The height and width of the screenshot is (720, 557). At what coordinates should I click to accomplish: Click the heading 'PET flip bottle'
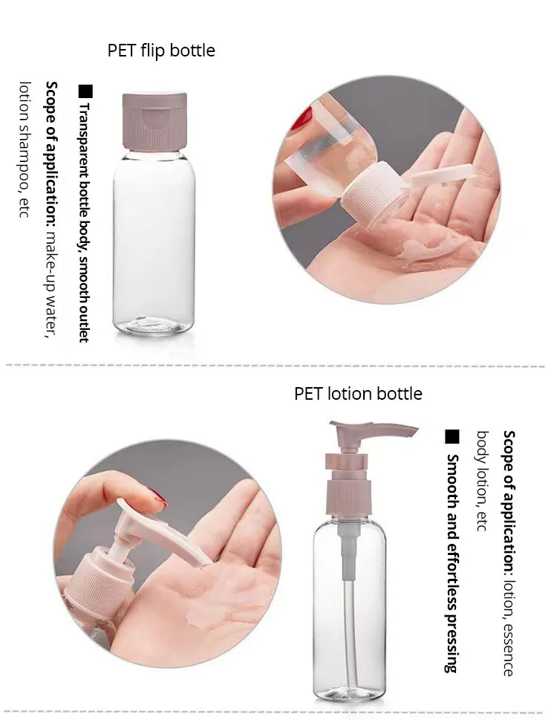coord(161,51)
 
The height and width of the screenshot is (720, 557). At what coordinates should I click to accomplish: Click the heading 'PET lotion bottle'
coord(358,394)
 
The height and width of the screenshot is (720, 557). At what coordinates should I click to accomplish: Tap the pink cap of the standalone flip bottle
coord(154,121)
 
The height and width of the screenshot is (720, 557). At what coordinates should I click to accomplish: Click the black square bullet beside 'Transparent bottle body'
coord(85,91)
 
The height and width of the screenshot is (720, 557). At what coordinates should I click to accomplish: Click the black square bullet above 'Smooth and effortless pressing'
coord(452,437)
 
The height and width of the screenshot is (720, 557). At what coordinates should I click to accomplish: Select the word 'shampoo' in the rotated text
coord(25,158)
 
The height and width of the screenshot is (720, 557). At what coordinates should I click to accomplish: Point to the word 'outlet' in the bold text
coord(84,322)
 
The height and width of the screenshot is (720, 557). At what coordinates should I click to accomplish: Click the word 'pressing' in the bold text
coord(452,644)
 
